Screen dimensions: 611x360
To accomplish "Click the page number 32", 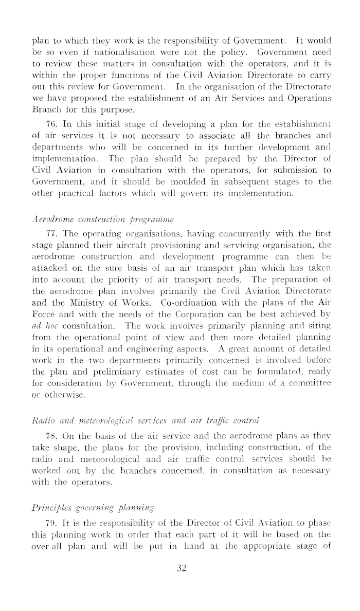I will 180,567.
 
